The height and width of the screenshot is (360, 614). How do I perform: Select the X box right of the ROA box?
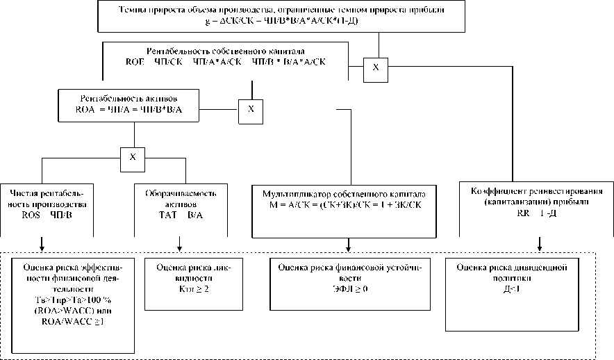pyautogui.click(x=251, y=110)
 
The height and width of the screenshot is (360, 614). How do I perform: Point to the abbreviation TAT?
pyautogui.click(x=160, y=215)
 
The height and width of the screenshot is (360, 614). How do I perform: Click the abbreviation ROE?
pyautogui.click(x=135, y=62)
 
